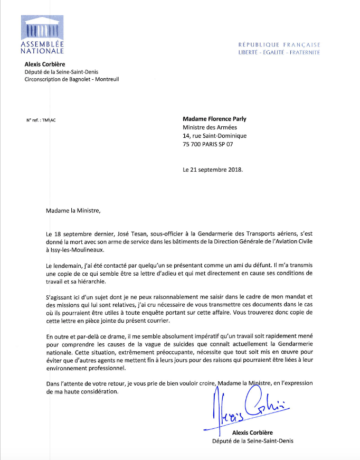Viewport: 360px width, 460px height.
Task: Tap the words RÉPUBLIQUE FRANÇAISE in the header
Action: click(279, 45)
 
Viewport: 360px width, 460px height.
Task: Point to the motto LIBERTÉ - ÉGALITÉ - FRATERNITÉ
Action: click(279, 52)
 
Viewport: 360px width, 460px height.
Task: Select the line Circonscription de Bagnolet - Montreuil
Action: click(72, 80)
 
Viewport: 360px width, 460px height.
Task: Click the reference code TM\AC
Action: click(49, 120)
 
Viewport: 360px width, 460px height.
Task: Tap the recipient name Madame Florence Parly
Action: click(214, 119)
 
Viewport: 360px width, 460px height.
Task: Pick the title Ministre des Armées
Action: click(210, 127)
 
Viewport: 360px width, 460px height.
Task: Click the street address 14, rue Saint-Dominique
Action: click(214, 136)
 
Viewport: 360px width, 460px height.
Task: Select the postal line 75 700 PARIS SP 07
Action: click(208, 144)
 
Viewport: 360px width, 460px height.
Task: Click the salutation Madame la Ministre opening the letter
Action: click(72, 210)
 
